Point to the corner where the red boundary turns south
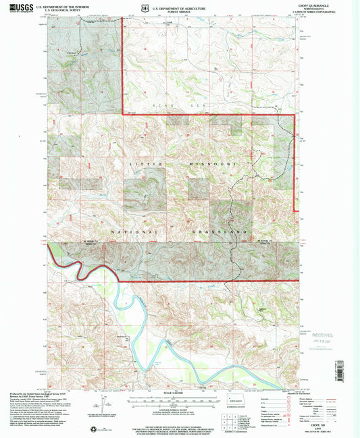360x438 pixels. point(295,116)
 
